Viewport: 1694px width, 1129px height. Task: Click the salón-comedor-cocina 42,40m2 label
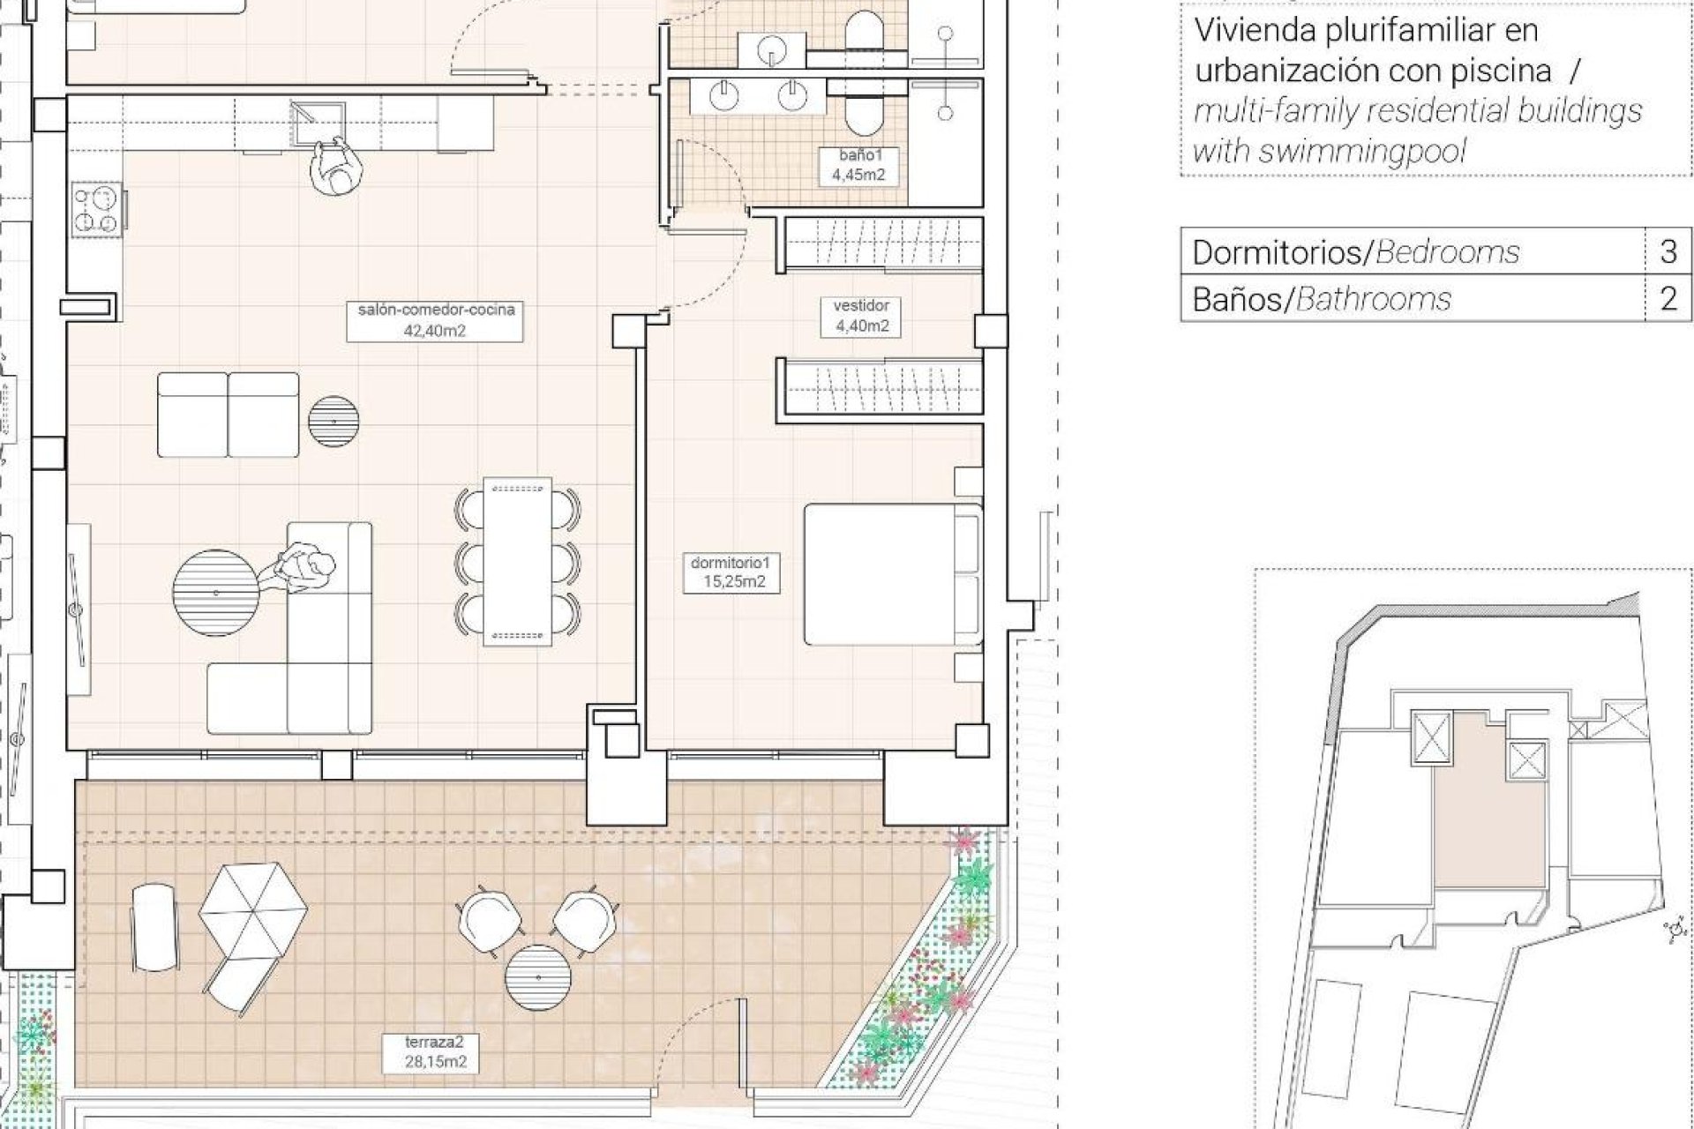435,320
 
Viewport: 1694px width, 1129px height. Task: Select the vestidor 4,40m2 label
861,316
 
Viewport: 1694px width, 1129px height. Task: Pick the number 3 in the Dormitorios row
1668,252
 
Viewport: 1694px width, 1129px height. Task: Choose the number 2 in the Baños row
1668,299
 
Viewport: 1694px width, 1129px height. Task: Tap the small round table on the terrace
537,977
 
